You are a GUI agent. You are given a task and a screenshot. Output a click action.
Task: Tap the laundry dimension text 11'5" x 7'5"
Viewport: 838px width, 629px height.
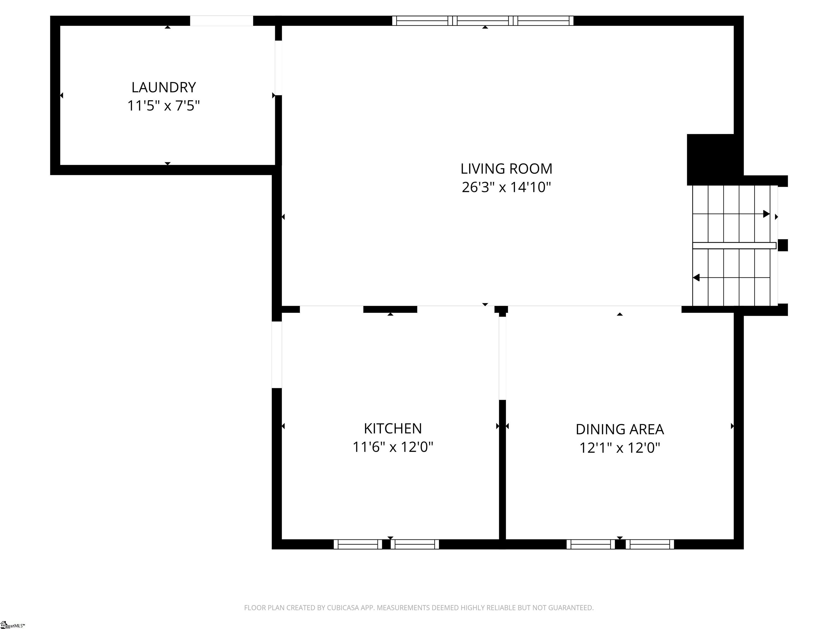163,106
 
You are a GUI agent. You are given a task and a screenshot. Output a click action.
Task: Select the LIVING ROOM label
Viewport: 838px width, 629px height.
506,169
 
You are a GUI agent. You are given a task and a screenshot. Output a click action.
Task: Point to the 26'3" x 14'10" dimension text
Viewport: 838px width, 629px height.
506,187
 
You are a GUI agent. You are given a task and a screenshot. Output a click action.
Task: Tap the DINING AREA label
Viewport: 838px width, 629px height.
619,429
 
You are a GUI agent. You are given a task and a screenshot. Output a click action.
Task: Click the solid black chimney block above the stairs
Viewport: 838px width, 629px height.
710,159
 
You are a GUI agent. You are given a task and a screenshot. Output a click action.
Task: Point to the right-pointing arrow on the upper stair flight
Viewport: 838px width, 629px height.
766,214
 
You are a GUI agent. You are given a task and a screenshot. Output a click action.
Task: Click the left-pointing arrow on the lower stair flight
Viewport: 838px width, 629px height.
696,278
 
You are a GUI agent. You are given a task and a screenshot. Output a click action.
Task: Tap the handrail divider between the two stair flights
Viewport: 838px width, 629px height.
734,246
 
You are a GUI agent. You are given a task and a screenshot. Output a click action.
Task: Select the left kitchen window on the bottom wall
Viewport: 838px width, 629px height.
358,544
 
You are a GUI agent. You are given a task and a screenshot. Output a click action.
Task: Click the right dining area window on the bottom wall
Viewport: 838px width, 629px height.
650,544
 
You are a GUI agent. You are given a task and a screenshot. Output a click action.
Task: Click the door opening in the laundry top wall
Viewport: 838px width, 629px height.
221,21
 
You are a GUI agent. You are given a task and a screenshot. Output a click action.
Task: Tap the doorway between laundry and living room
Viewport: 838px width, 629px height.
279,68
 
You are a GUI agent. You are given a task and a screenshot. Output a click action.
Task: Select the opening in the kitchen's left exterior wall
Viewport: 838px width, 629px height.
277,355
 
